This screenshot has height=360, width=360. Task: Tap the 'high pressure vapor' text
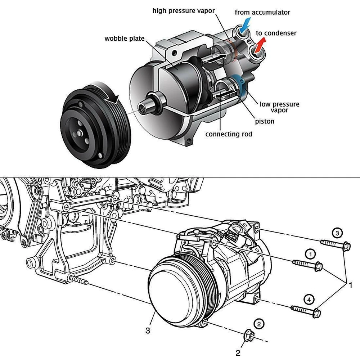tap(184, 11)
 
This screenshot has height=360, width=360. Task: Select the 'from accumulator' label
tap(262, 12)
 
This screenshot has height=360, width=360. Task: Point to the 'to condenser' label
tap(276, 33)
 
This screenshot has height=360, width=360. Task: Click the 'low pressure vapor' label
tap(279, 107)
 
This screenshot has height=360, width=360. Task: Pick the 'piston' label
tap(265, 121)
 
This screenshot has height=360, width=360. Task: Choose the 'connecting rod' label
tap(229, 134)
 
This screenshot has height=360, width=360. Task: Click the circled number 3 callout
tap(337, 234)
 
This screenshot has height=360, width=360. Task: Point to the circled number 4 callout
tap(308, 299)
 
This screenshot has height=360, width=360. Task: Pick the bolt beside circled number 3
tap(335, 244)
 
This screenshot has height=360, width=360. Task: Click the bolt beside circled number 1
tap(307, 265)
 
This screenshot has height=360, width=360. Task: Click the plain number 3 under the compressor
tap(147, 330)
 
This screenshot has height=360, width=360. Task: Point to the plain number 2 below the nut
tap(238, 353)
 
